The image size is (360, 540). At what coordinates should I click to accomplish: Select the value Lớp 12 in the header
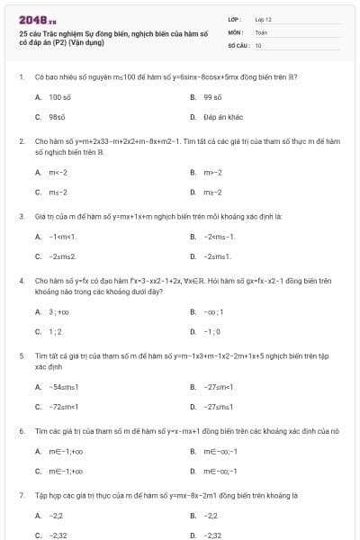coord(264,19)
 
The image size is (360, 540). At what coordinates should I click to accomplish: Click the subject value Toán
coord(261,31)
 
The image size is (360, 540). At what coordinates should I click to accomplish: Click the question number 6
coord(21,431)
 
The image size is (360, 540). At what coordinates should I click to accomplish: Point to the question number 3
coord(21,217)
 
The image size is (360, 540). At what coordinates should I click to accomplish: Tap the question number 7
coord(21,496)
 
